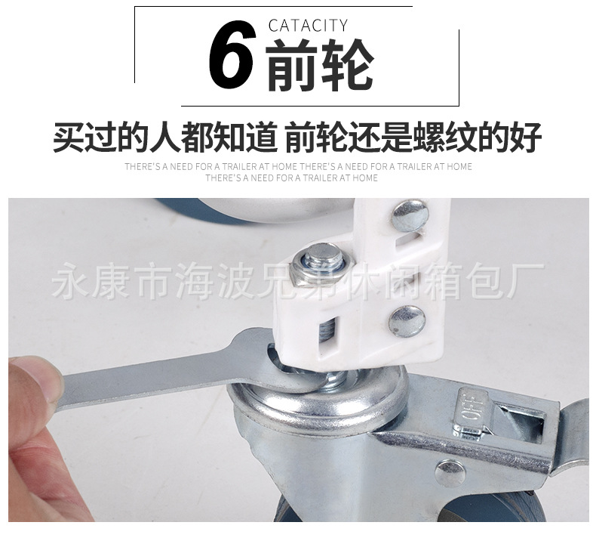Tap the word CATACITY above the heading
coord(308,26)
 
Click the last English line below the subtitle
coord(291,178)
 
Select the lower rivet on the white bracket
coord(405,321)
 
